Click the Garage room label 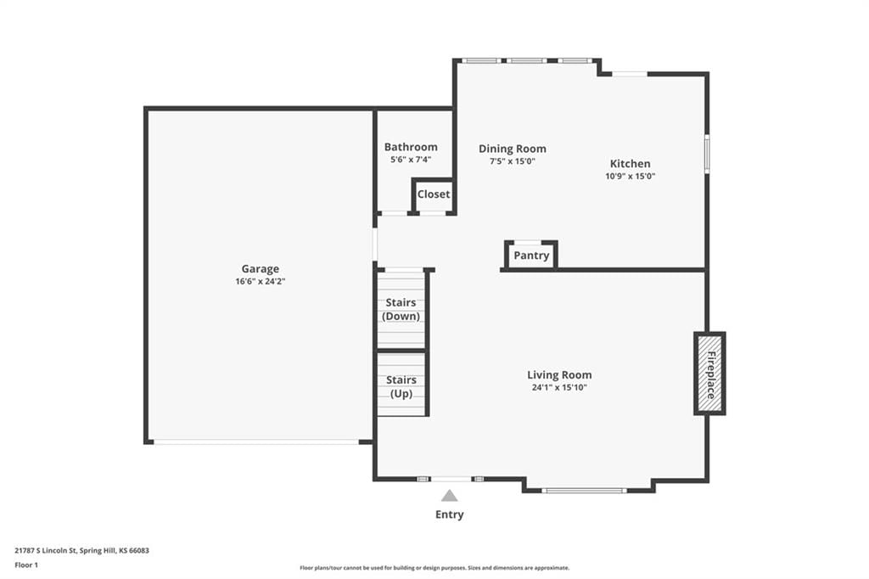260,269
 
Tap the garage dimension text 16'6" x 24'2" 260,282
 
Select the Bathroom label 411,147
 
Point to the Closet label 434,194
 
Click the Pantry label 531,256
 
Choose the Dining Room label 512,149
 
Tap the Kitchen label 631,164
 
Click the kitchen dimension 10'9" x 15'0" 631,177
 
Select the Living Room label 559,375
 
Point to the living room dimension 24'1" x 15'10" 559,388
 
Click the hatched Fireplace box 710,374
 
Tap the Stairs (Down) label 401,310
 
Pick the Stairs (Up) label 401,386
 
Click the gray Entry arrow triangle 450,496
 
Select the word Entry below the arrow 450,514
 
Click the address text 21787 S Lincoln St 46,551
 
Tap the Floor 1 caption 26,565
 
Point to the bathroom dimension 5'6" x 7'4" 411,160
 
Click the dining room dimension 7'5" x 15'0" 512,161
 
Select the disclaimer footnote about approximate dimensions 434,568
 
